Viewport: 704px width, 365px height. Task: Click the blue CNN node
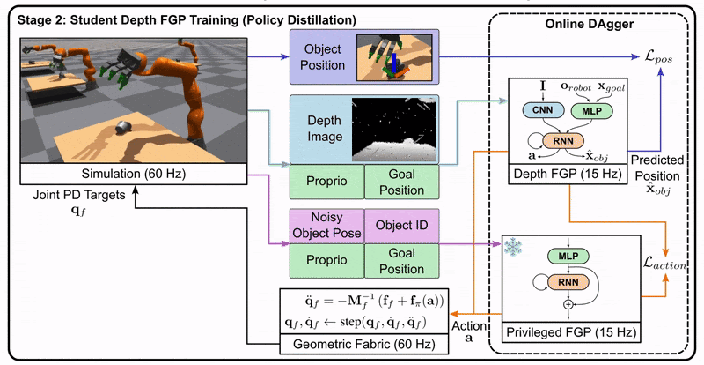pyautogui.click(x=539, y=111)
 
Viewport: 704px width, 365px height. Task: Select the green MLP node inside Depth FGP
pyautogui.click(x=590, y=111)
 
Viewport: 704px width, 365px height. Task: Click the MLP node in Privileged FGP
pyautogui.click(x=566, y=257)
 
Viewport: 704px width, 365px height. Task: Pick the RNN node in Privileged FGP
pyautogui.click(x=566, y=282)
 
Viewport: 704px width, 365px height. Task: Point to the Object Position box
pyautogui.click(x=322, y=55)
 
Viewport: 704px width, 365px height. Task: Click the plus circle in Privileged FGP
pyautogui.click(x=566, y=305)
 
